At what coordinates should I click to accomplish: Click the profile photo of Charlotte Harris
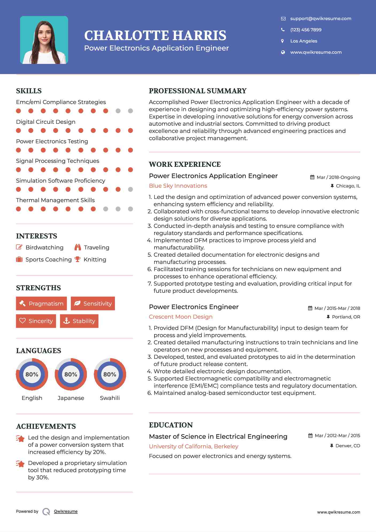pyautogui.click(x=44, y=40)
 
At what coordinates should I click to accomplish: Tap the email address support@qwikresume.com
pyautogui.click(x=320, y=18)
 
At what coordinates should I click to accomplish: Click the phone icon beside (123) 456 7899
pyautogui.click(x=283, y=30)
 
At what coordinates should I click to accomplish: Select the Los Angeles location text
pyautogui.click(x=304, y=41)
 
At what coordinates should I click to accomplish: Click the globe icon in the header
pyautogui.click(x=283, y=52)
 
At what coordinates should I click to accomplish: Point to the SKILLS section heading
pyautogui.click(x=29, y=91)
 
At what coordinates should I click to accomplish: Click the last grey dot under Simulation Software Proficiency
pyautogui.click(x=130, y=189)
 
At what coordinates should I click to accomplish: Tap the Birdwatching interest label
pyautogui.click(x=44, y=248)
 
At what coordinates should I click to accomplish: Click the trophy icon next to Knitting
pyautogui.click(x=77, y=259)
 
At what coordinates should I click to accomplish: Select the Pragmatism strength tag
pyautogui.click(x=41, y=303)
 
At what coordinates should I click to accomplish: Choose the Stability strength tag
pyautogui.click(x=79, y=321)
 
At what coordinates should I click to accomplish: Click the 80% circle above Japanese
pyautogui.click(x=71, y=374)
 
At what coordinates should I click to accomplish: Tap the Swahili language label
pyautogui.click(x=110, y=398)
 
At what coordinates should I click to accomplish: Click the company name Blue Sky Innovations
pyautogui.click(x=178, y=186)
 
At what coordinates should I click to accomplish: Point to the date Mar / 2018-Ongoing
pyautogui.click(x=338, y=177)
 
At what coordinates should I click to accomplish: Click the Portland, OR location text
pyautogui.click(x=346, y=317)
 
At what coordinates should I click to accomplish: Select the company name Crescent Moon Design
pyautogui.click(x=181, y=317)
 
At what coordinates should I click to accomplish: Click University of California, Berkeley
pyautogui.click(x=193, y=446)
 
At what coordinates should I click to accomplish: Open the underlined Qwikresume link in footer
pyautogui.click(x=66, y=511)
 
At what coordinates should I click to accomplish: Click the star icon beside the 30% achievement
pyautogui.click(x=20, y=464)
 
